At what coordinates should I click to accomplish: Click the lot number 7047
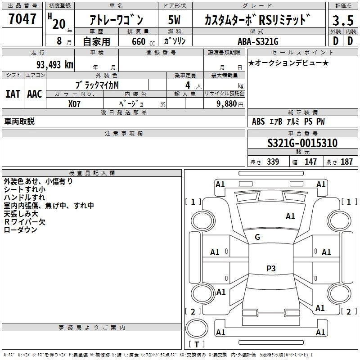(22, 19)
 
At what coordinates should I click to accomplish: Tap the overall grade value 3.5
(343, 20)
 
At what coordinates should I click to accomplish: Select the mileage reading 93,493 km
(55, 65)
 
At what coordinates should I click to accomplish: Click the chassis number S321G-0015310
(302, 143)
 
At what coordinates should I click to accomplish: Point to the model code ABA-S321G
(258, 41)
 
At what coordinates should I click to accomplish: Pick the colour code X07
(74, 104)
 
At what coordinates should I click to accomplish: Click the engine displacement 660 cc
(143, 41)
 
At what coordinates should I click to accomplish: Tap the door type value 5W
(174, 20)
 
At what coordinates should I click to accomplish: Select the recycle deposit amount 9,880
(227, 104)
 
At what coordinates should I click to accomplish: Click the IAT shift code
(13, 94)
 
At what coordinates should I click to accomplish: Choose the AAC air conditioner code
(35, 94)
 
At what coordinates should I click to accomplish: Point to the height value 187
(346, 162)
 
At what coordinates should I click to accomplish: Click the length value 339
(273, 162)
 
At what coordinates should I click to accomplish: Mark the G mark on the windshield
(257, 237)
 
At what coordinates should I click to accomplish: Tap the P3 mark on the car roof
(271, 268)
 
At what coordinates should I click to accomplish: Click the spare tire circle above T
(197, 328)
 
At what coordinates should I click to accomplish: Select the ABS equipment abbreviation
(258, 121)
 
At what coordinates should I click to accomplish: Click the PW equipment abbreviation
(320, 121)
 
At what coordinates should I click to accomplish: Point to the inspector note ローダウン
(21, 230)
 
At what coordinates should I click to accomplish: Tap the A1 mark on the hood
(290, 216)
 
